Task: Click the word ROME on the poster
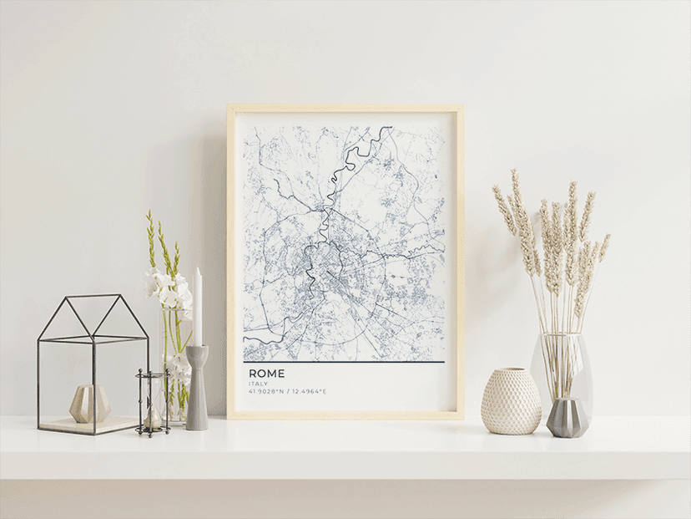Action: pos(266,374)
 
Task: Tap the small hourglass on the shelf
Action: pos(153,404)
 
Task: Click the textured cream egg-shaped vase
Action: pos(511,402)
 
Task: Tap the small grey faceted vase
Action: pos(567,417)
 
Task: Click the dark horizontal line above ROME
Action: pos(344,362)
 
